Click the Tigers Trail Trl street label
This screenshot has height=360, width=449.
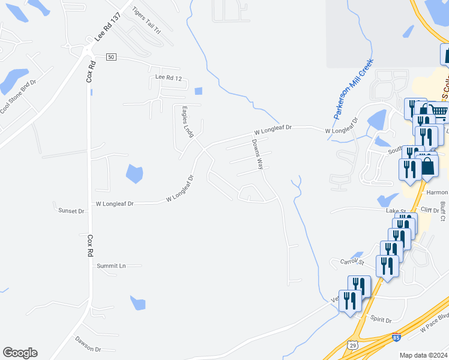(147, 21)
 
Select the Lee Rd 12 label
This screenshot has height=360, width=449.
(168, 77)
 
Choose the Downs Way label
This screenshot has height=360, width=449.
(258, 155)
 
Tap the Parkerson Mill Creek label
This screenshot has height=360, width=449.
(354, 88)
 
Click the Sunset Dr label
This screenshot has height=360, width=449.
(71, 211)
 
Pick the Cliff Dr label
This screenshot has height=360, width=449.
(430, 210)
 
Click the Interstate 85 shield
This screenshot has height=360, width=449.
(396, 338)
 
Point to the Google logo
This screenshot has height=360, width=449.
(20, 353)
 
